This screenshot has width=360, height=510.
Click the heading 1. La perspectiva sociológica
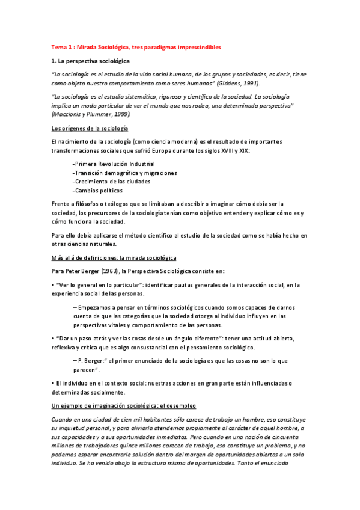coord(95,61)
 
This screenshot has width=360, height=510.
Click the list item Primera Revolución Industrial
coord(113,164)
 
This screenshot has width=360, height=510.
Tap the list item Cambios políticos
coord(96,190)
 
